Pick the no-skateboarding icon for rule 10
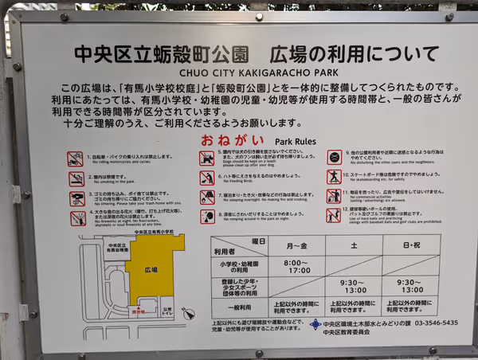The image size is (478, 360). [334, 178]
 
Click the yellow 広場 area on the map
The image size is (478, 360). [152, 269]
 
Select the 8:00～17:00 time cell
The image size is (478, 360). [296, 265]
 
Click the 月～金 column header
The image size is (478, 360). [296, 245]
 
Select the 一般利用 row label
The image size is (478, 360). [239, 307]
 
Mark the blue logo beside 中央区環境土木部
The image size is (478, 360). [315, 324]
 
